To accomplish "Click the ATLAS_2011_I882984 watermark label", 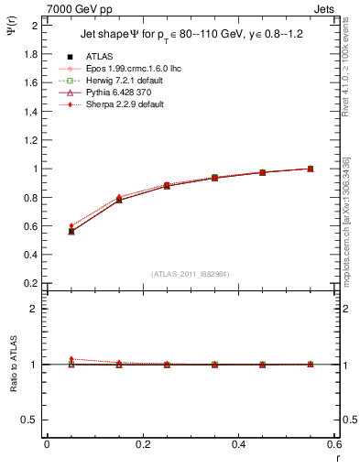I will coord(191,274).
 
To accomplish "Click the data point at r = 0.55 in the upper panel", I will coord(311,169).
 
